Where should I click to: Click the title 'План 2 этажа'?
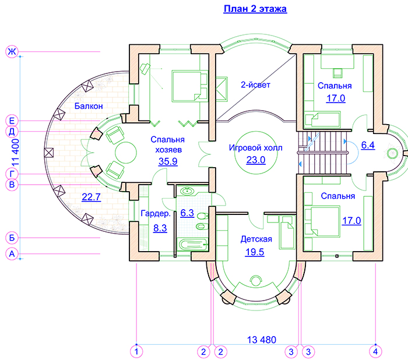pos(255,9)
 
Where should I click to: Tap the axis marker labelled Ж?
pos(11,52)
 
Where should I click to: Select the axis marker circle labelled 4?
pos(376,351)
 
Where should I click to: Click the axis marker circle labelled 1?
pos(135,351)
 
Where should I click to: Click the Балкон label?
pos(89,106)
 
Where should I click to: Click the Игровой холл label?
pos(255,148)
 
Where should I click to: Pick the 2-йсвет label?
pos(256,84)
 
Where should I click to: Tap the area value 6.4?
pos(368,146)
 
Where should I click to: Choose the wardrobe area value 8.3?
pos(160,228)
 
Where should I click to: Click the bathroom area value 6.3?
pos(187,213)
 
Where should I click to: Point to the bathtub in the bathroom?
pos(190,245)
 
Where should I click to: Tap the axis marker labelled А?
pos(11,254)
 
